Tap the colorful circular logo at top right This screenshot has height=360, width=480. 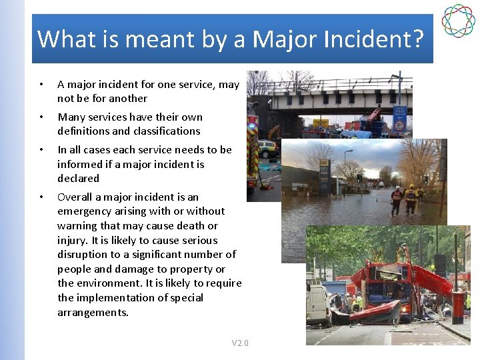458,21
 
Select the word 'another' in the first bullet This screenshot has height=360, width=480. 126,99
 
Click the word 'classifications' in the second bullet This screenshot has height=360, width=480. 166,131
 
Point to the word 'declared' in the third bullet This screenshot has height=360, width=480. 78,179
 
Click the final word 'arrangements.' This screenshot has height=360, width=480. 93,313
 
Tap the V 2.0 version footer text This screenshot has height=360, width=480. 240,343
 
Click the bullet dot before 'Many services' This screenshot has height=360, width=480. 41,117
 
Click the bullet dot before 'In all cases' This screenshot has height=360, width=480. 41,150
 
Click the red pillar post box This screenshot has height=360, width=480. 458,307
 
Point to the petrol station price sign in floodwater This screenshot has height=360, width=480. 325,177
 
